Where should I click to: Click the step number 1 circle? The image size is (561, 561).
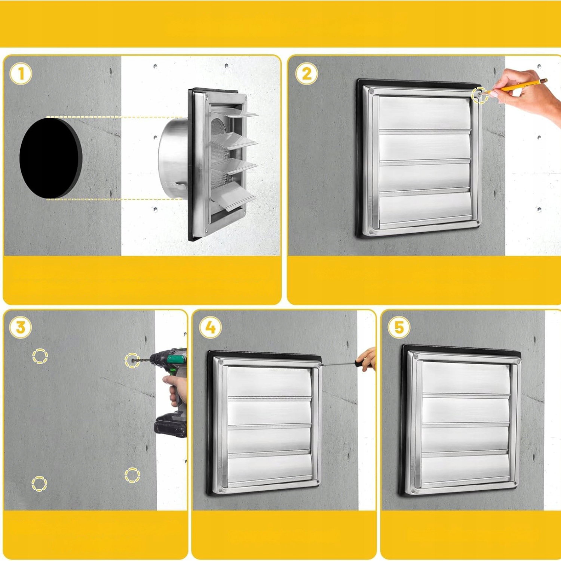coord(21,74)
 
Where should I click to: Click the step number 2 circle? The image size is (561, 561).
coord(306,74)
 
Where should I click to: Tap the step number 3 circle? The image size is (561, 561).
coord(21,328)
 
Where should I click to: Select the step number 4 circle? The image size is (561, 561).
coord(211,328)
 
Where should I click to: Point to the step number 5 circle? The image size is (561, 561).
coord(399,328)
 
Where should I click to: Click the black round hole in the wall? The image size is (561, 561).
coord(51,157)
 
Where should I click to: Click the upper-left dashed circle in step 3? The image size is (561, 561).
coord(40,356)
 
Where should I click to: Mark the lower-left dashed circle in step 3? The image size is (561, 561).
coord(39,483)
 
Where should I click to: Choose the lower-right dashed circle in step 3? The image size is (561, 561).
coord(132,475)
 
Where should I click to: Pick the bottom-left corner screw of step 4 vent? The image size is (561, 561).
coord(221,490)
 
